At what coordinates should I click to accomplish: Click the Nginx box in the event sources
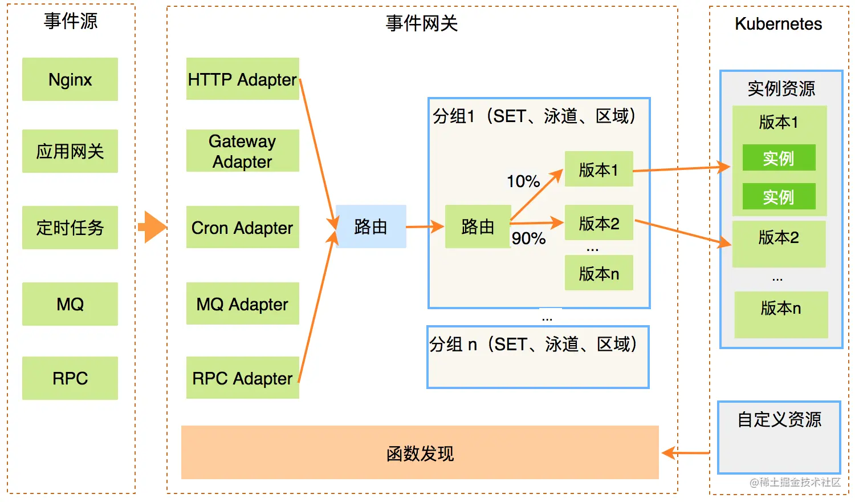(70, 79)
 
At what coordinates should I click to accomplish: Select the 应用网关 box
(70, 151)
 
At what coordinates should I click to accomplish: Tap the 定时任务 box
(70, 228)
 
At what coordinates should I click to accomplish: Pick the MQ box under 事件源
(70, 304)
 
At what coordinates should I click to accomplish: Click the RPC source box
(70, 378)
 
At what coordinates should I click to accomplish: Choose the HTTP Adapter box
(242, 79)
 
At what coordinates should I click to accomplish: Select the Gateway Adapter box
(242, 151)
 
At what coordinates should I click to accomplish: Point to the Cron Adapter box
(242, 228)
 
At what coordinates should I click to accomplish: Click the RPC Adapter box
(242, 378)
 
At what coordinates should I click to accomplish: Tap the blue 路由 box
(370, 226)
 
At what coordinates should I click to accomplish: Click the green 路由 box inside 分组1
(478, 226)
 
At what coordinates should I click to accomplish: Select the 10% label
(523, 181)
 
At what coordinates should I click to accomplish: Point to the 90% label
(529, 238)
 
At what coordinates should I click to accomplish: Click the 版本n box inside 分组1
(598, 273)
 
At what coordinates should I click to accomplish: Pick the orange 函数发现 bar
(420, 453)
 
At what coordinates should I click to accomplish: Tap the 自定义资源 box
(779, 437)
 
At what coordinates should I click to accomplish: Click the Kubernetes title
(779, 24)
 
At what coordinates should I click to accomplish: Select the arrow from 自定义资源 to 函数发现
(687, 453)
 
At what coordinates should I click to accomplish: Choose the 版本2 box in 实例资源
(779, 243)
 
